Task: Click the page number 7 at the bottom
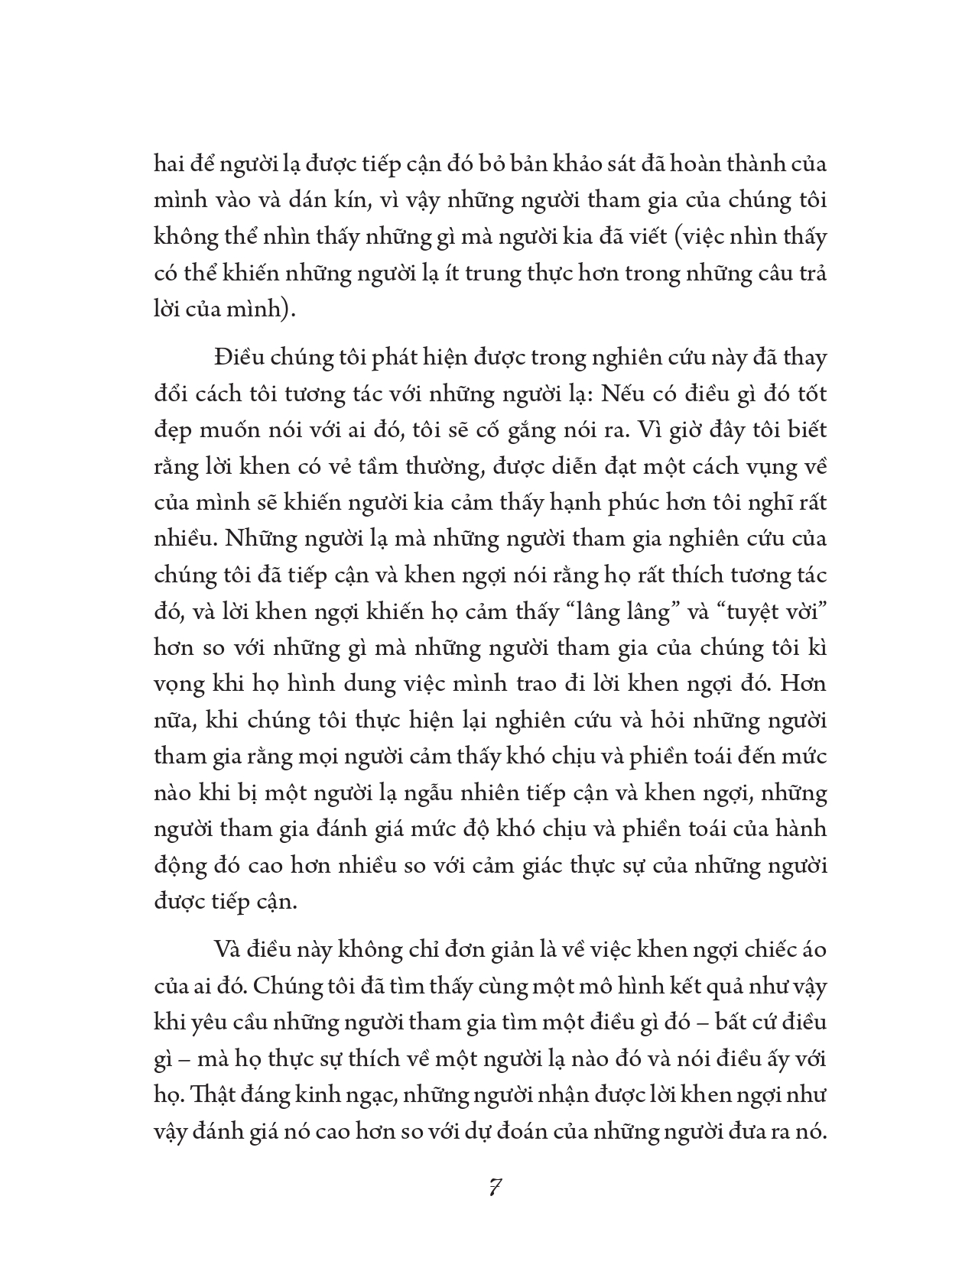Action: pyautogui.click(x=494, y=1188)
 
